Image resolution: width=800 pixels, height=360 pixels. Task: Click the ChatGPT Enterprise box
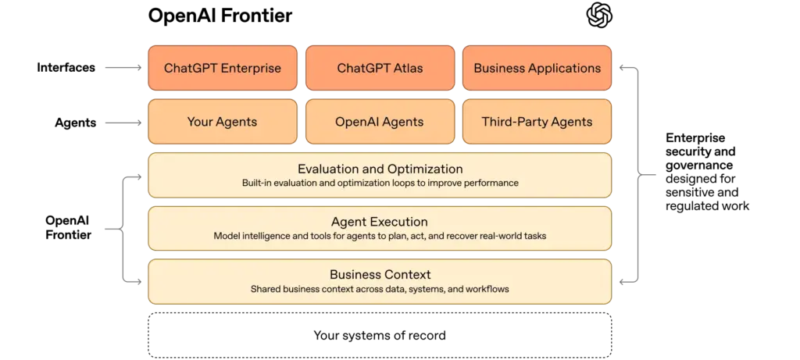223,68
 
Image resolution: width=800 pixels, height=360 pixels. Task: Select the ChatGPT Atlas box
380,68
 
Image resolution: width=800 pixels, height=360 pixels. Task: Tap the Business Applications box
537,68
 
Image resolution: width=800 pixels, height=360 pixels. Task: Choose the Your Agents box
223,122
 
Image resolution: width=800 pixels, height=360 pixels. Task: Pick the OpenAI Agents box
380,122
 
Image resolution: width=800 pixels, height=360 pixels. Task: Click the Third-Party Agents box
537,122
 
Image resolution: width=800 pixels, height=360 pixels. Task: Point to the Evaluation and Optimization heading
380,169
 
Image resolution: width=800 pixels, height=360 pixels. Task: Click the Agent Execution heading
380,222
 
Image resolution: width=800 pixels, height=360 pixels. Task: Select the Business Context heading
380,275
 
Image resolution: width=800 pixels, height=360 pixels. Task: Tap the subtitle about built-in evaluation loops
380,184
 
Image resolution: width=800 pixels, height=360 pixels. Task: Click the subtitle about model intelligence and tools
380,236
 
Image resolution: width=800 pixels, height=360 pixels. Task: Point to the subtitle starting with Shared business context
380,289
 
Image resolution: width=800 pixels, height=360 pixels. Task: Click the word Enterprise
251,68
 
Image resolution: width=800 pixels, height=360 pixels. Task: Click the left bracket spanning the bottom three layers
123,228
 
